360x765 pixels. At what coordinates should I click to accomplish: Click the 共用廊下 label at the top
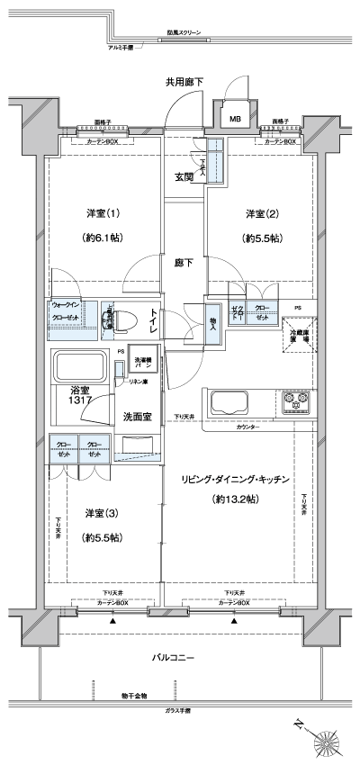184,82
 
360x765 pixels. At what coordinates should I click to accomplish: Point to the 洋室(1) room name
103,213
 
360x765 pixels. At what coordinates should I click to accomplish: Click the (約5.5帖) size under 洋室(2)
258,239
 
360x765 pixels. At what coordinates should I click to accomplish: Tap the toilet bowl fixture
125,318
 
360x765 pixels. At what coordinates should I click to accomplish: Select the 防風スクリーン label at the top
184,33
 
